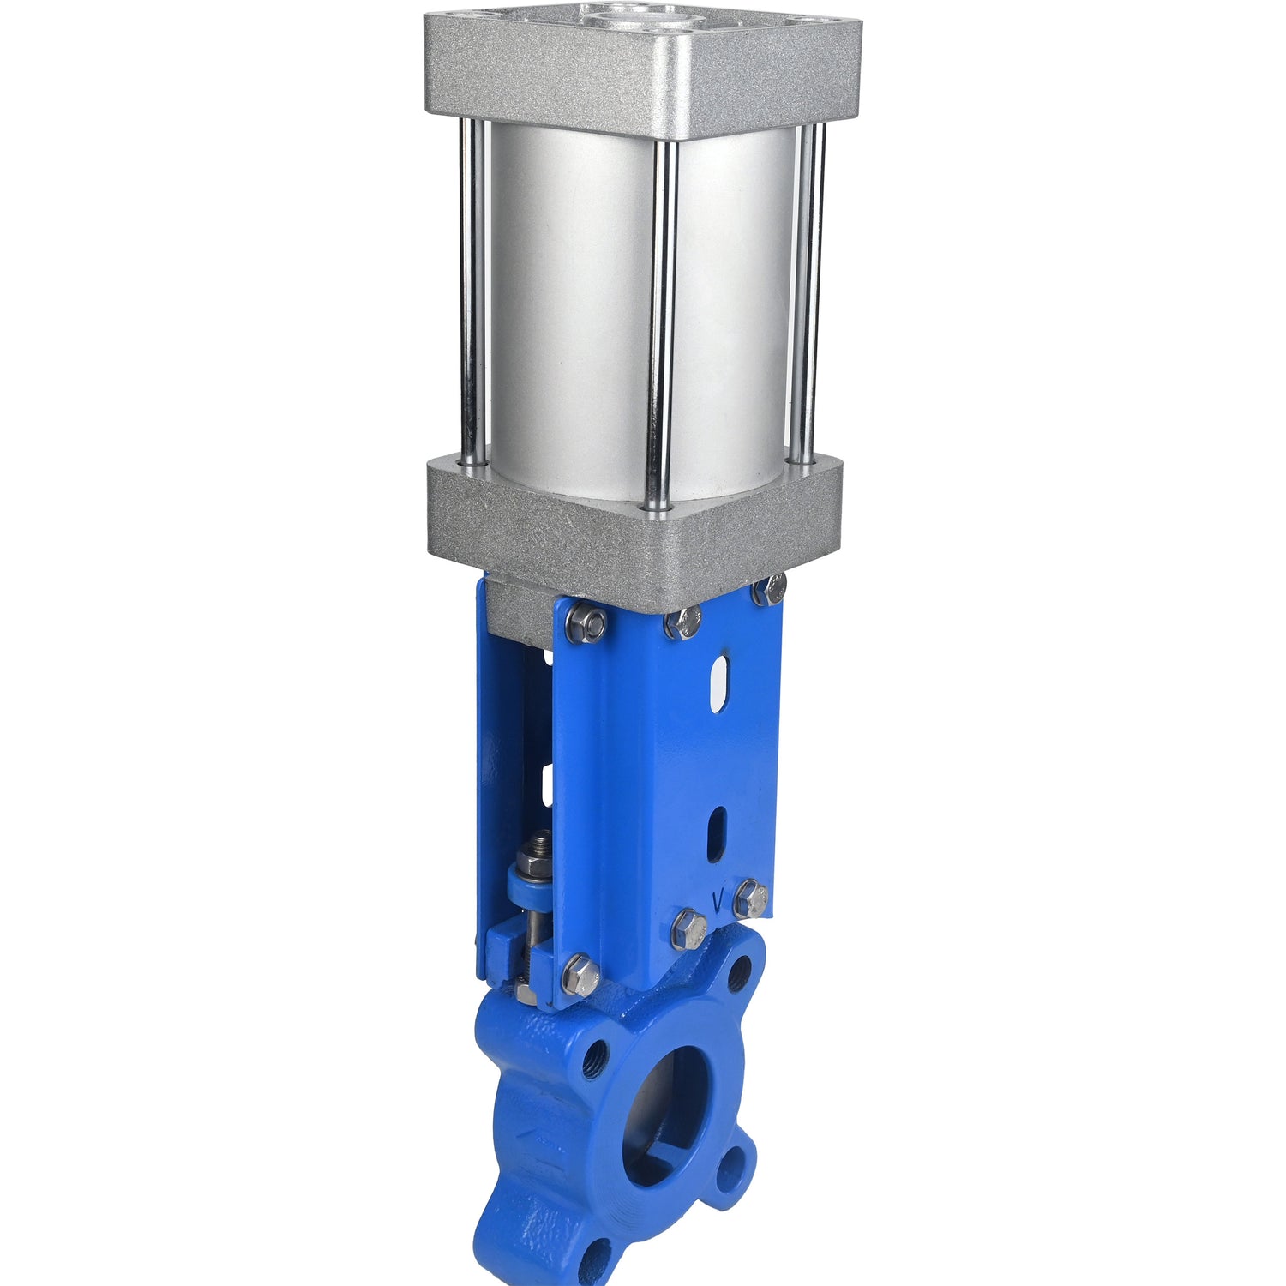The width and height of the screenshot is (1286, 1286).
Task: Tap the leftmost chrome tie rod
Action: (472, 291)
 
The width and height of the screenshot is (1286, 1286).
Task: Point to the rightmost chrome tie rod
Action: (807, 291)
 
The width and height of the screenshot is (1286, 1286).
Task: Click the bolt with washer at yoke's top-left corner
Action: (586, 622)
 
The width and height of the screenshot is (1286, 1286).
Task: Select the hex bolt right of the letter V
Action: (751, 898)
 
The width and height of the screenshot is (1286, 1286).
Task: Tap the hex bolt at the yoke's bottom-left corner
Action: (580, 976)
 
